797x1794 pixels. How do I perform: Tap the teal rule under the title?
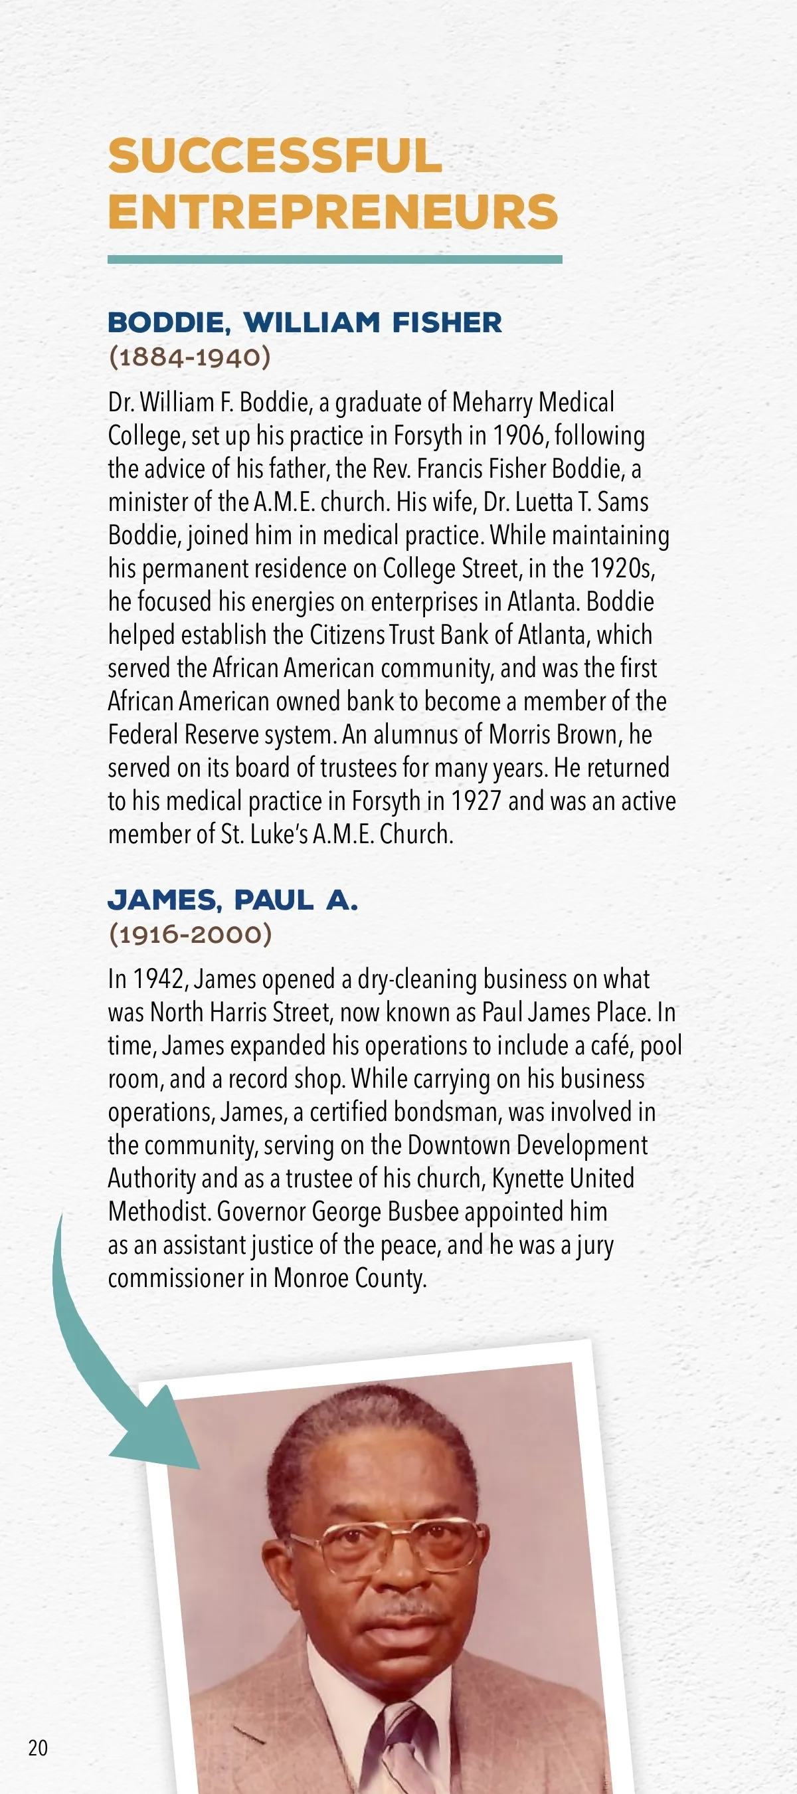tap(334, 260)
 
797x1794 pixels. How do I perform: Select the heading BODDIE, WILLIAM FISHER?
tap(304, 322)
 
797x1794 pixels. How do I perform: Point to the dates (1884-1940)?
tap(189, 357)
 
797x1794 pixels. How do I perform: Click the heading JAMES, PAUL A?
tap(232, 900)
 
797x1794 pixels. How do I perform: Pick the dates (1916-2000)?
tap(190, 934)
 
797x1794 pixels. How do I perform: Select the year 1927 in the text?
tap(476, 801)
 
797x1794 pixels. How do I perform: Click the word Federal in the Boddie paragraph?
tap(141, 735)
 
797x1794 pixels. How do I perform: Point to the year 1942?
tap(159, 979)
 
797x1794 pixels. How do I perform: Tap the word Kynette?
tap(527, 1178)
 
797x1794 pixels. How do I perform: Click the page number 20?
tap(38, 1747)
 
